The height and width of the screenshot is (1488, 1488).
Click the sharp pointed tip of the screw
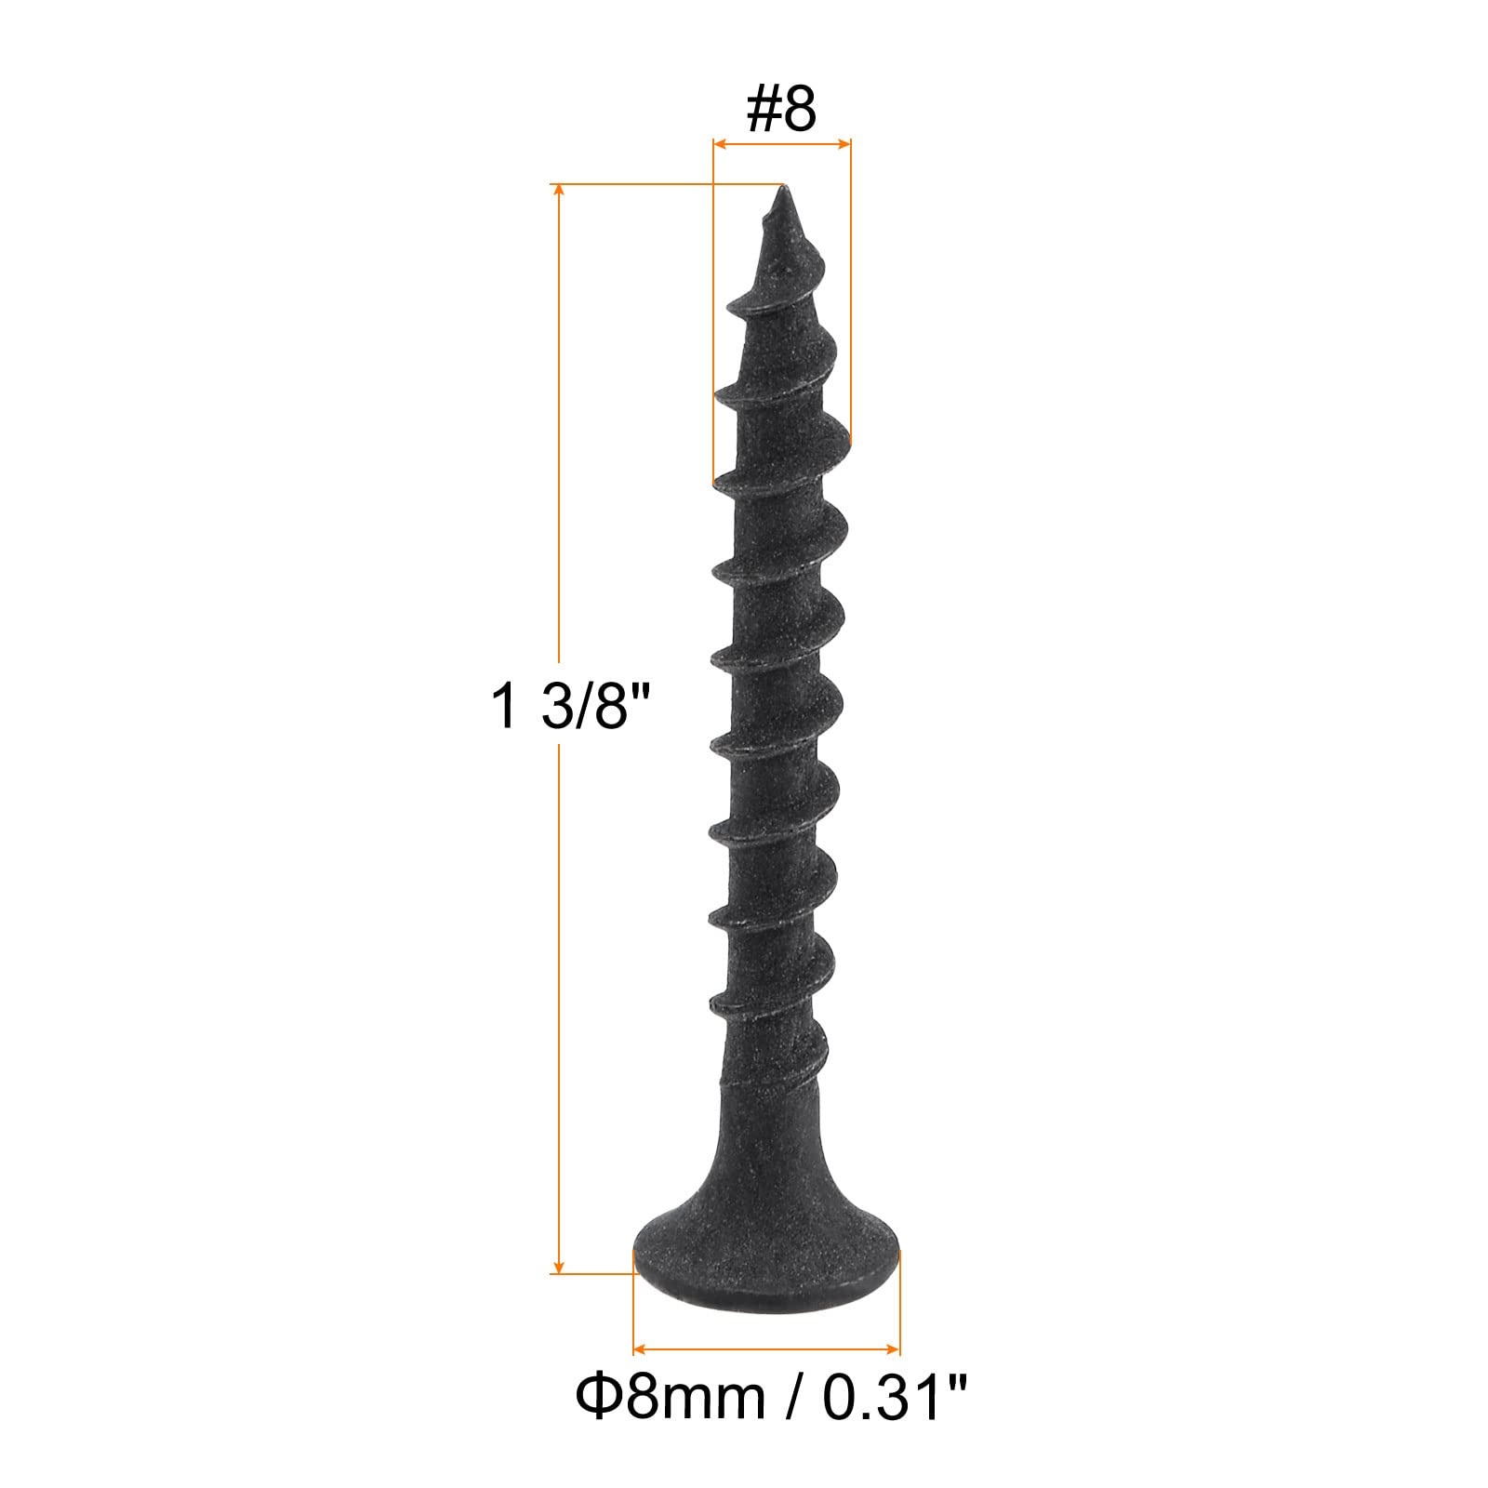click(x=782, y=189)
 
